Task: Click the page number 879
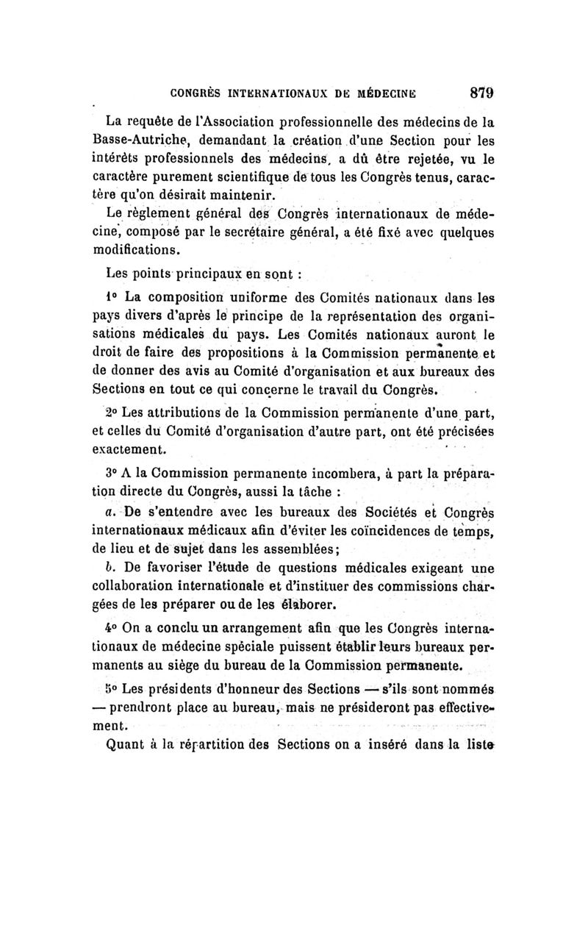pos(475,93)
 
